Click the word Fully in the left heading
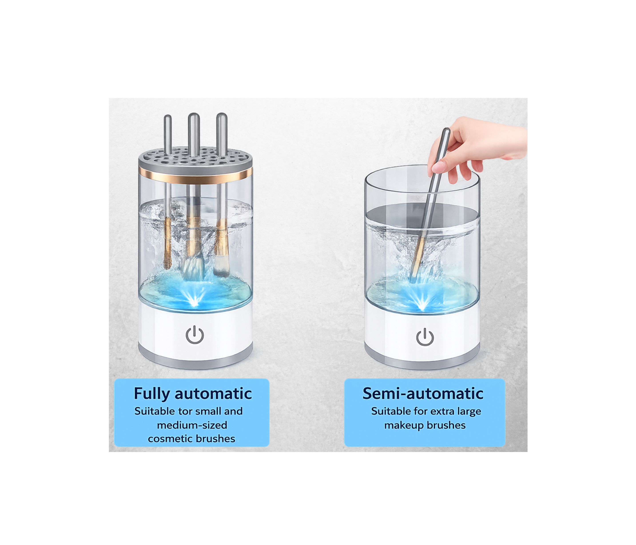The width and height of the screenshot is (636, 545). (152, 394)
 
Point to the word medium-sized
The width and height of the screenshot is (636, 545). (192, 425)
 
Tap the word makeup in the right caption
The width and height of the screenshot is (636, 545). (404, 425)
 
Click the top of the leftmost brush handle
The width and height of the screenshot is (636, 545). (168, 117)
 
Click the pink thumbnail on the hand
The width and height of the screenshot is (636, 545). (438, 167)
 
